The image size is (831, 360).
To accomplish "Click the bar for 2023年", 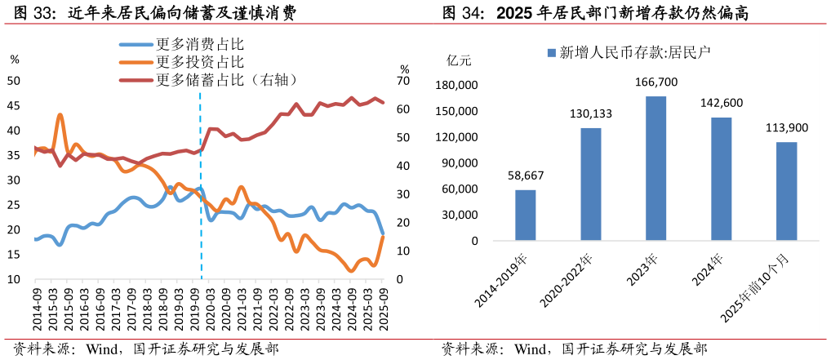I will (655, 168).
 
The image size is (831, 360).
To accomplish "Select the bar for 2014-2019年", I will (525, 216).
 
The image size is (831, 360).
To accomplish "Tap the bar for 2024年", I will (721, 179).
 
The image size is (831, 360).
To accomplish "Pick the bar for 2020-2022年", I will (590, 184).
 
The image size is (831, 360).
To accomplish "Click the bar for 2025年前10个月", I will (786, 191).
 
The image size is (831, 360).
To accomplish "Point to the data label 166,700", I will (655, 82).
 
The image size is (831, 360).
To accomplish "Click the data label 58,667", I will (525, 176).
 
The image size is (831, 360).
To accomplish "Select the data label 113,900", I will (786, 128).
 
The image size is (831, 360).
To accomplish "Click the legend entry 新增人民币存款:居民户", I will (629, 53).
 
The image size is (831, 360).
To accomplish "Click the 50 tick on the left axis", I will (14, 81).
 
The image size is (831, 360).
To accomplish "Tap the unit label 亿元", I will (459, 60).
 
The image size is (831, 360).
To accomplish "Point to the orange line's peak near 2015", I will (60, 115).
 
